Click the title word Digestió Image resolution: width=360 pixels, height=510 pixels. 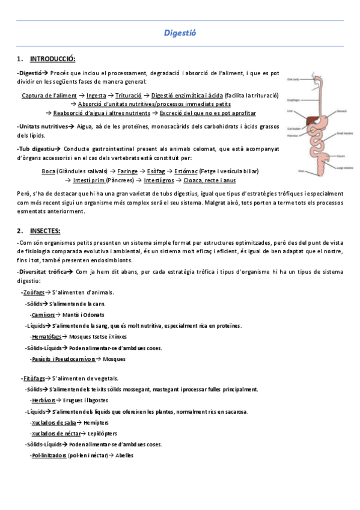click(x=180, y=33)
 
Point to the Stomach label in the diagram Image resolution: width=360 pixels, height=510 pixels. click(x=340, y=111)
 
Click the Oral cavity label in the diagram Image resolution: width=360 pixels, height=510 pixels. click(x=293, y=79)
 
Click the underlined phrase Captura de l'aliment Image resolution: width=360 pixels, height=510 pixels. click(x=49, y=96)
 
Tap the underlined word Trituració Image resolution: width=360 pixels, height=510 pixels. click(x=129, y=96)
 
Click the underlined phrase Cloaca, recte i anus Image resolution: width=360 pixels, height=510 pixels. click(x=210, y=180)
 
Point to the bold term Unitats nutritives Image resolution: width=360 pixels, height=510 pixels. click(x=42, y=126)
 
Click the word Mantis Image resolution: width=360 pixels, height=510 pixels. click(x=72, y=315)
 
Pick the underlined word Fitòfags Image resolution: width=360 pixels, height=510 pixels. click(x=34, y=378)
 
